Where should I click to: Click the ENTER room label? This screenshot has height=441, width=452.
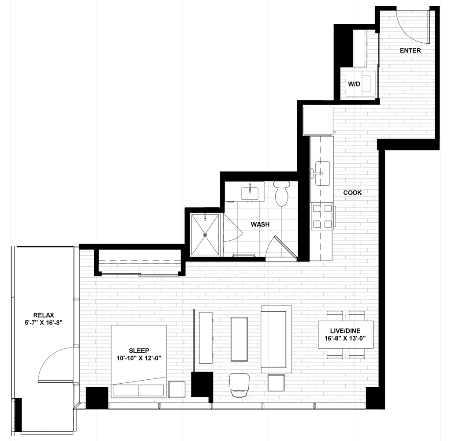click(410, 50)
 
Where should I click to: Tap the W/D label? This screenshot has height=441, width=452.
click(354, 84)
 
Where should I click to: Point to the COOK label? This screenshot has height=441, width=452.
click(352, 193)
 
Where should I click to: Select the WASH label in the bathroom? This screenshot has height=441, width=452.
click(260, 224)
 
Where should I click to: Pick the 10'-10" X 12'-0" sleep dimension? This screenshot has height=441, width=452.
click(138, 358)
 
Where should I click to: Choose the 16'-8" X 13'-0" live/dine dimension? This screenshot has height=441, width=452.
click(345, 338)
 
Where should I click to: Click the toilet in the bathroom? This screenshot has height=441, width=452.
click(282, 194)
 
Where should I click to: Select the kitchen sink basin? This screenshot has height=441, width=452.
click(322, 173)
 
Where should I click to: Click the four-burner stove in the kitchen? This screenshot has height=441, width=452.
click(322, 216)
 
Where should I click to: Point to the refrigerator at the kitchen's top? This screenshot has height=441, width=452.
click(318, 120)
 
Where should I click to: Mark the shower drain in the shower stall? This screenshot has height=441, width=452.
click(205, 235)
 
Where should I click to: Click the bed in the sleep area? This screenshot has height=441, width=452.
click(138, 361)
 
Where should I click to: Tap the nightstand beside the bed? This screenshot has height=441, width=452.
click(177, 389)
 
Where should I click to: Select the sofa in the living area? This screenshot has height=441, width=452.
click(276, 339)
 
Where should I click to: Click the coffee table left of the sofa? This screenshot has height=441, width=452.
click(239, 339)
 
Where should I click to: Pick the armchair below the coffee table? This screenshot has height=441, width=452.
click(239, 385)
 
